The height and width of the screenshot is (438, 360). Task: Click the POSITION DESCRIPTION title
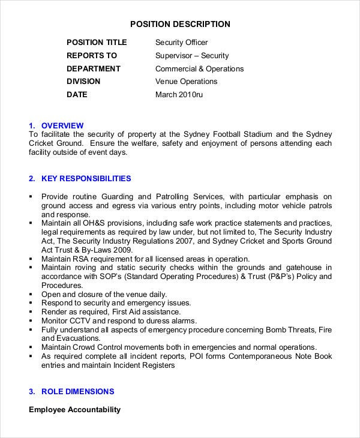180,24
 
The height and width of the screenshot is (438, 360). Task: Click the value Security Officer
181,43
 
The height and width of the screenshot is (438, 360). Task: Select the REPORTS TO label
92,56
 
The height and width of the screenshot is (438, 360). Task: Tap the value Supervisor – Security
191,56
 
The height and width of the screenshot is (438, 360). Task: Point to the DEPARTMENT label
93,69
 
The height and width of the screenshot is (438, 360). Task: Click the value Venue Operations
186,82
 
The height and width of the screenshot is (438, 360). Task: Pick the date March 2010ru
179,95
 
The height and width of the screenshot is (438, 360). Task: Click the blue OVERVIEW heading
62,125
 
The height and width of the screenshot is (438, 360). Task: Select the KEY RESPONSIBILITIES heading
86,179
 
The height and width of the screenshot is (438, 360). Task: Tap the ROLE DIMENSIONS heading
77,392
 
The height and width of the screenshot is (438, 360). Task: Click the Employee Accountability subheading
74,410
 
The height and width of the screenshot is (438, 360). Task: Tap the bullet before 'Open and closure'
31,295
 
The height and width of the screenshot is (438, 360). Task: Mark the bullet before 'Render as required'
31,312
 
